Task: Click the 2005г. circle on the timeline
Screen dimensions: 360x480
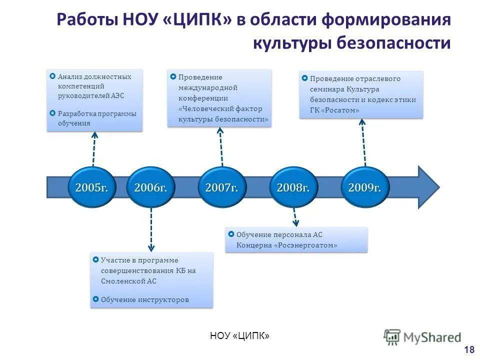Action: (91, 187)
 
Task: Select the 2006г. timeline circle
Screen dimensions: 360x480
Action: (150, 187)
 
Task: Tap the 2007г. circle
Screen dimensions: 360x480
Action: (222, 187)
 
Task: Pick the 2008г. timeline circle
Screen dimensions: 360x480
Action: (293, 187)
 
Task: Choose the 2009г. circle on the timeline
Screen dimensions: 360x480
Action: (364, 187)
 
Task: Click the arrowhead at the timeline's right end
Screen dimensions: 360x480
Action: (428, 187)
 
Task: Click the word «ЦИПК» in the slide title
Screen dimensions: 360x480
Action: (198, 21)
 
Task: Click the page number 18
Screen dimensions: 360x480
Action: (469, 349)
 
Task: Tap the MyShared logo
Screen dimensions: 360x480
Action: (423, 337)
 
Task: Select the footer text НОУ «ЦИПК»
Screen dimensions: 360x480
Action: (240, 335)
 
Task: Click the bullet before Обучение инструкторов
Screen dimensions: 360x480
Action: (95, 299)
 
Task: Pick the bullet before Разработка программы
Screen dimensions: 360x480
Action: (53, 113)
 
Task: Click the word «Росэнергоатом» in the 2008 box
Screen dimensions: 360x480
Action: (306, 245)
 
